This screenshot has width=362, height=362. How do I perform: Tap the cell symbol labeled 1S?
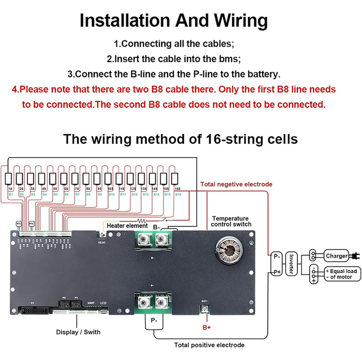coord(9,179)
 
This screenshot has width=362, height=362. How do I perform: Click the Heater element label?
coord(127,226)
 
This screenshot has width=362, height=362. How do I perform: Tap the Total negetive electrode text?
coord(236,184)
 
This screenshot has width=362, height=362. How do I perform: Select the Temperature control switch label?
coord(231,221)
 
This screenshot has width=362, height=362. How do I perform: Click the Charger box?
coord(337,256)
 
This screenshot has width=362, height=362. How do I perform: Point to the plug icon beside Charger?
coord(355,256)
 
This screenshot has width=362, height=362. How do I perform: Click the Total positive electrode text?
coord(209,345)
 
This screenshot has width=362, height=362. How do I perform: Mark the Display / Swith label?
coord(79,331)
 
